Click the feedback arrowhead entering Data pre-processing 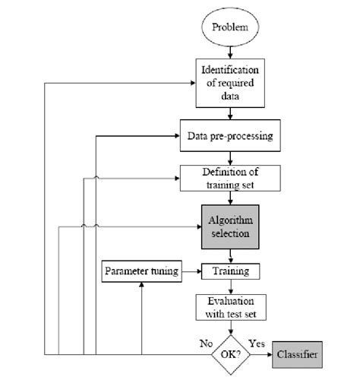[176, 137]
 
